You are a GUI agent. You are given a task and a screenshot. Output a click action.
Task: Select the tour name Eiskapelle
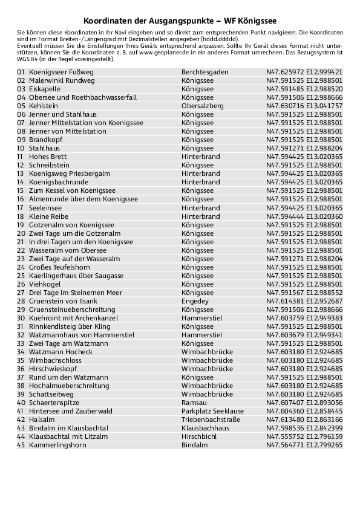[44, 88]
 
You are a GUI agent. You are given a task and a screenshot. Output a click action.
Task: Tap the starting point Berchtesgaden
[205, 71]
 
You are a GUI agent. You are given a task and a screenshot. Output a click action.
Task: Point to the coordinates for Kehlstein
[304, 105]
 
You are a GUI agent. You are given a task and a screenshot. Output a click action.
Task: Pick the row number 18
[21, 216]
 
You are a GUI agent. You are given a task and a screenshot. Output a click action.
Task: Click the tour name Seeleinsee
[45, 207]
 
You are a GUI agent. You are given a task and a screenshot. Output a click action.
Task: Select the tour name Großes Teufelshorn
[59, 267]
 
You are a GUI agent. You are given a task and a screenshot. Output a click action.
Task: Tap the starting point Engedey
[195, 301]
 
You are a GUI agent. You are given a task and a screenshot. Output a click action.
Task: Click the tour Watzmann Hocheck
[61, 352]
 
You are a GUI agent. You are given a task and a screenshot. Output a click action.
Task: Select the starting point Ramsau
[193, 403]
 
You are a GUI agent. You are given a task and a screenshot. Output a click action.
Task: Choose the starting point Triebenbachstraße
[211, 420]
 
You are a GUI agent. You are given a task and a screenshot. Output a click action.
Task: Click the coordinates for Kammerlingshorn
[304, 445]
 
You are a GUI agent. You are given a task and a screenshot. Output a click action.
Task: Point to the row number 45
[21, 445]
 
